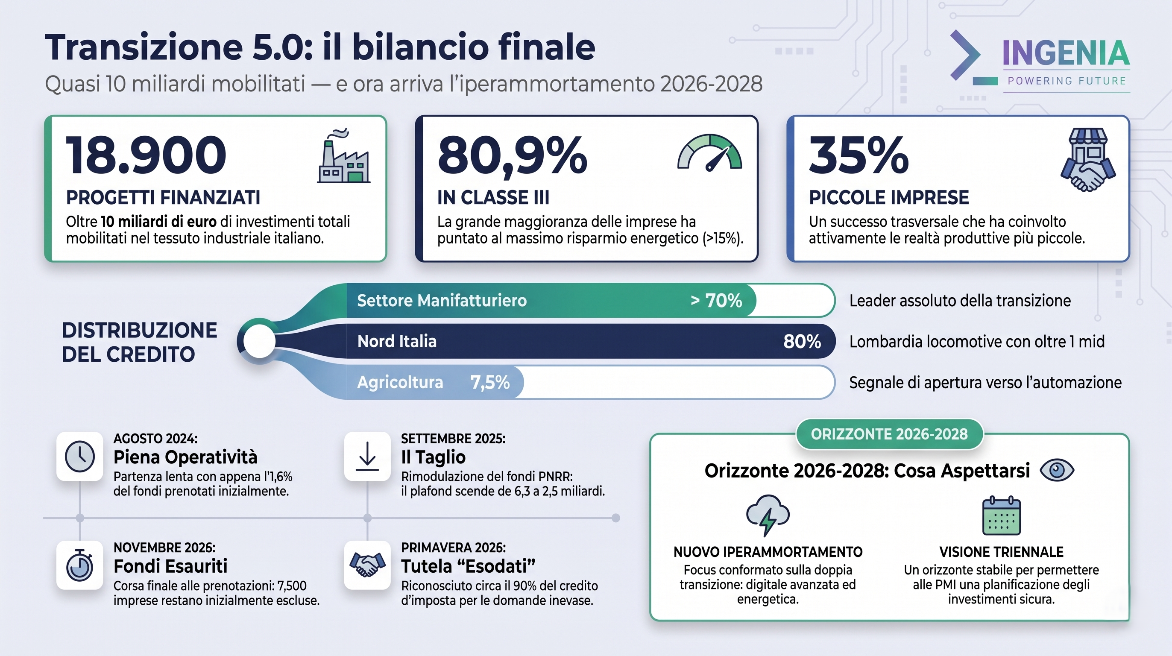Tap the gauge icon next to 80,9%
point(709,153)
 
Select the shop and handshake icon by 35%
point(1087,159)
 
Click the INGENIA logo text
point(1066,54)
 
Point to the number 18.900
point(146,155)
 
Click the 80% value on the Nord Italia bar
point(802,342)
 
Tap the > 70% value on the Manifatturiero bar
point(716,301)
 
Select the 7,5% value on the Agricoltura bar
point(489,383)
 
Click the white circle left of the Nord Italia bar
point(259,341)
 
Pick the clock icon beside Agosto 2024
point(79,456)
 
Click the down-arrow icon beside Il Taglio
point(367,456)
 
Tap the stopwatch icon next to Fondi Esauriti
point(79,565)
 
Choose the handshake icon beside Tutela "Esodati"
point(367,565)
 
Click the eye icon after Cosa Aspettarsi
point(1057,470)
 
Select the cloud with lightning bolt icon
point(768,515)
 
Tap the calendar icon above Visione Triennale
point(1002,516)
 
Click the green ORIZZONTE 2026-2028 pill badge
point(889,434)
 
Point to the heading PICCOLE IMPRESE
point(888,197)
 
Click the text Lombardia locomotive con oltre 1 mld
point(977,342)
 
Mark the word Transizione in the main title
point(144,47)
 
